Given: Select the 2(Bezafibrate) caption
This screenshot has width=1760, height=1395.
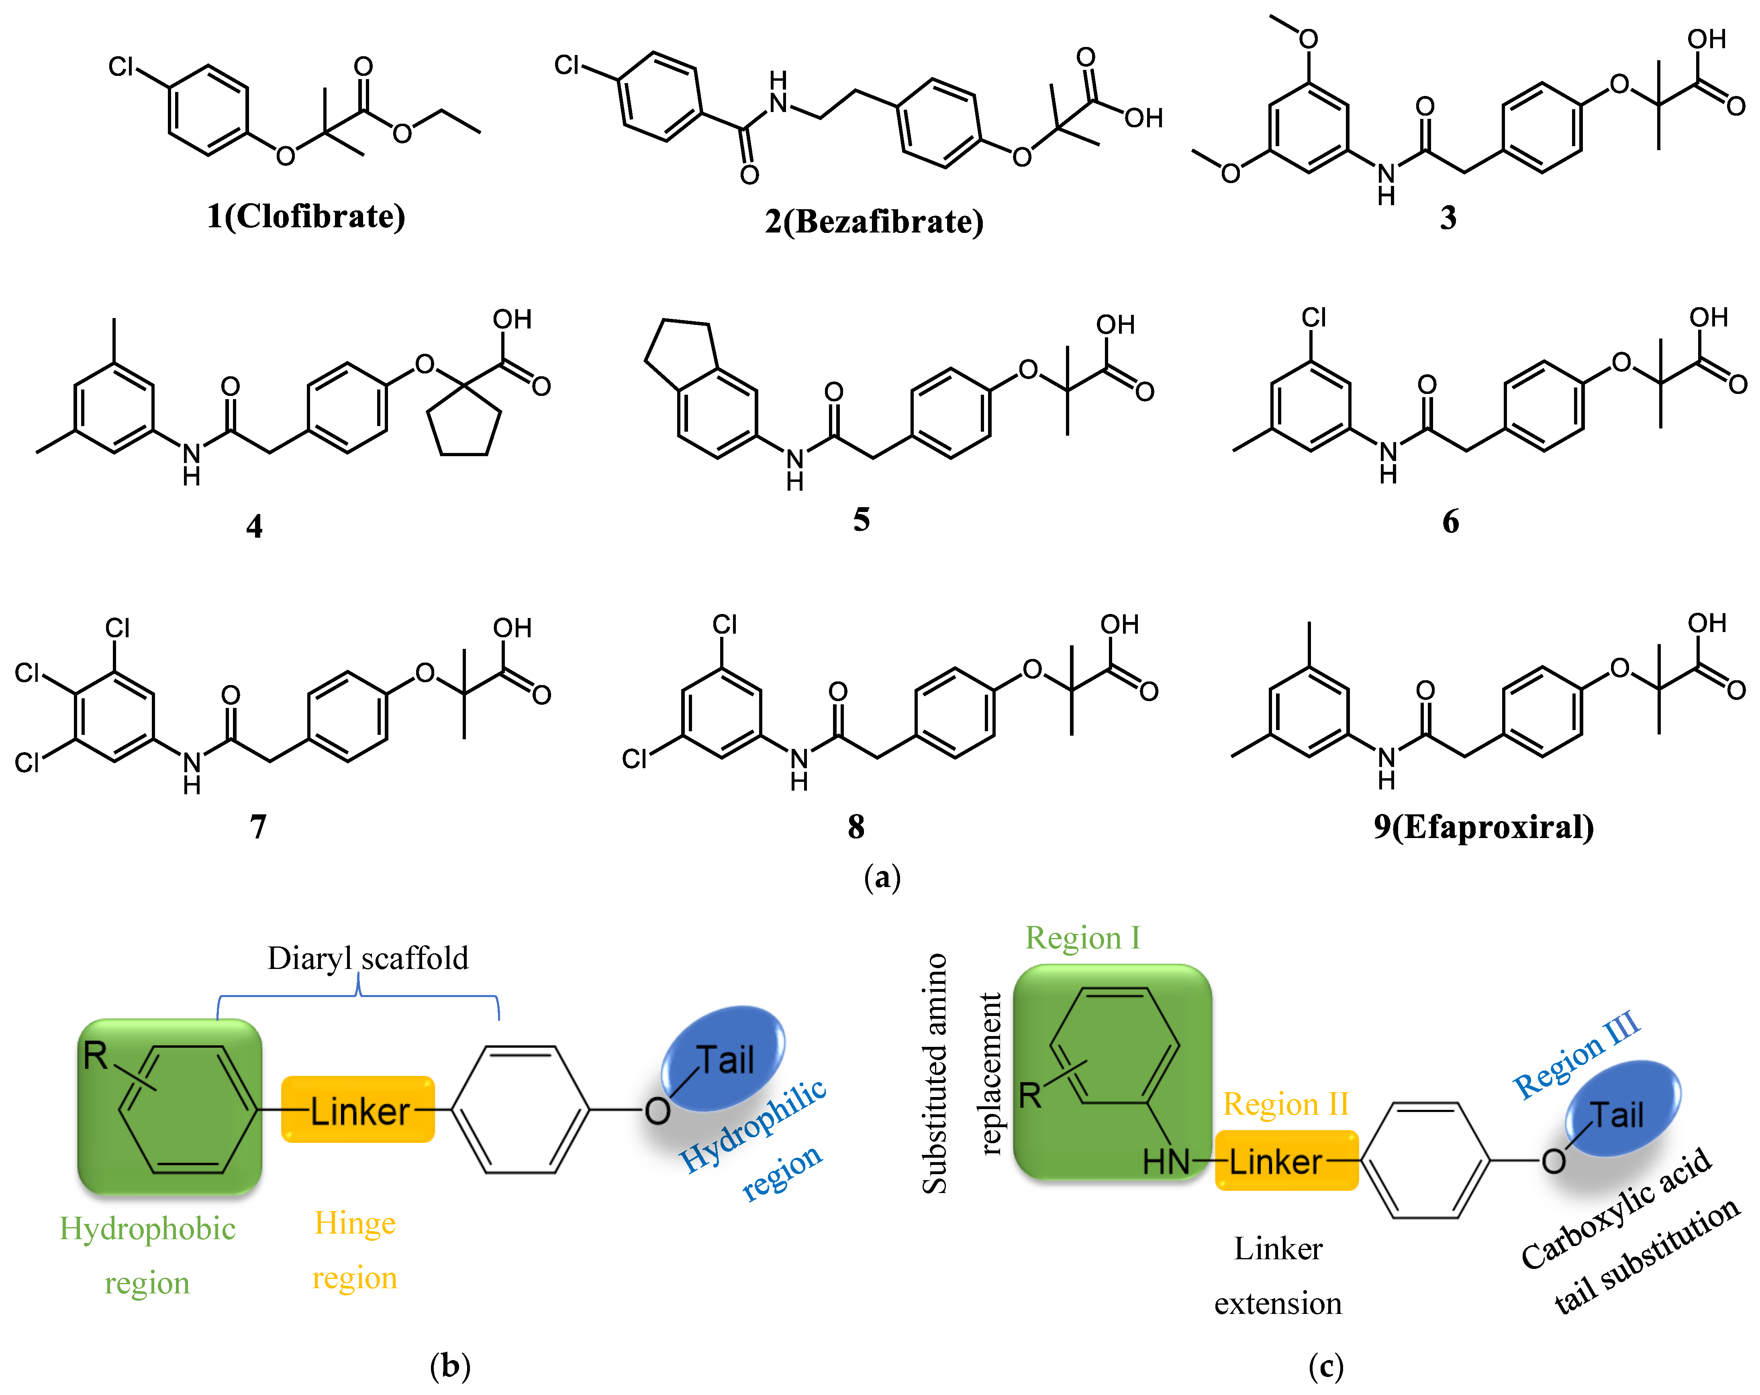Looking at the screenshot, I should [x=874, y=221].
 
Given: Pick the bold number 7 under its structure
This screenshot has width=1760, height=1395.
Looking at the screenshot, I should [x=258, y=827].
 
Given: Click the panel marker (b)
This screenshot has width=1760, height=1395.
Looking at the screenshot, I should [x=450, y=1365].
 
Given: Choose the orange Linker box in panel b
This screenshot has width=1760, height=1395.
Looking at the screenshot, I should [x=357, y=1110].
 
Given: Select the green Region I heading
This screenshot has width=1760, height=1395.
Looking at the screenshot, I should [x=1082, y=938].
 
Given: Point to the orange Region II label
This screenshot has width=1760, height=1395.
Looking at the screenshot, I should [x=1285, y=1104].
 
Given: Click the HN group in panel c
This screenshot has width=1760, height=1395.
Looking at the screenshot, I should [x=1166, y=1162].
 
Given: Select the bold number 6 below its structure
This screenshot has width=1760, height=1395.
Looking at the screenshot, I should [x=1450, y=522].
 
